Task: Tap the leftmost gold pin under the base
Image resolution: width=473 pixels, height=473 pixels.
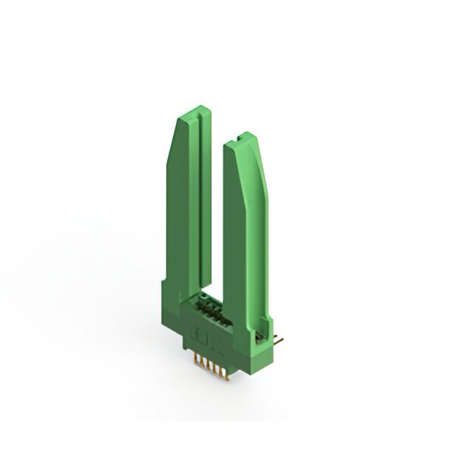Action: click(x=196, y=362)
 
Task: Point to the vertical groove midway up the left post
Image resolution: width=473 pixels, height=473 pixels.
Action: click(x=197, y=200)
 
